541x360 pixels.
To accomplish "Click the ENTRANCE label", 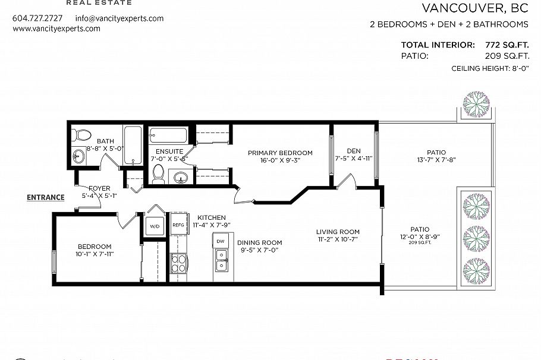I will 45,198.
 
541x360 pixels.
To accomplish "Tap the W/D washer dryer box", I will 155,226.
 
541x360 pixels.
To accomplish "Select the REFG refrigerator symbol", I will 178,226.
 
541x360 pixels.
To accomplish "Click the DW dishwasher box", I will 221,241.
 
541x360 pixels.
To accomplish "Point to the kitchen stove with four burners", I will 178,262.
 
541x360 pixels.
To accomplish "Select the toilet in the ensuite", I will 158,173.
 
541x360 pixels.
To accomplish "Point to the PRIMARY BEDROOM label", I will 280,153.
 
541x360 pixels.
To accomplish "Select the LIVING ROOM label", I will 338,232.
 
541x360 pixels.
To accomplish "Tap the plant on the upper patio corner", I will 477,104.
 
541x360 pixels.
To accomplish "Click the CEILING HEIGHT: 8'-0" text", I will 490,69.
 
